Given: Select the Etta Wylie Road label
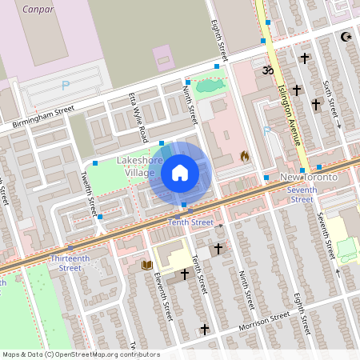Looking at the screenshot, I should pos(134,118).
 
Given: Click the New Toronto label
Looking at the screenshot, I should pos(309,176).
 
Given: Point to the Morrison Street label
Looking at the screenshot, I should pos(264,322).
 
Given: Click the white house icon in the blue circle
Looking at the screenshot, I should pos(180,172).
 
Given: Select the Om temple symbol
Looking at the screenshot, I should pos(267,70).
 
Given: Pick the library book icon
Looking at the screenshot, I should pos(146,264).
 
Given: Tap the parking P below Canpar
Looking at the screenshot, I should pos(66,85).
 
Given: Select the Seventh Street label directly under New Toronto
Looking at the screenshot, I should pos(302,194).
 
